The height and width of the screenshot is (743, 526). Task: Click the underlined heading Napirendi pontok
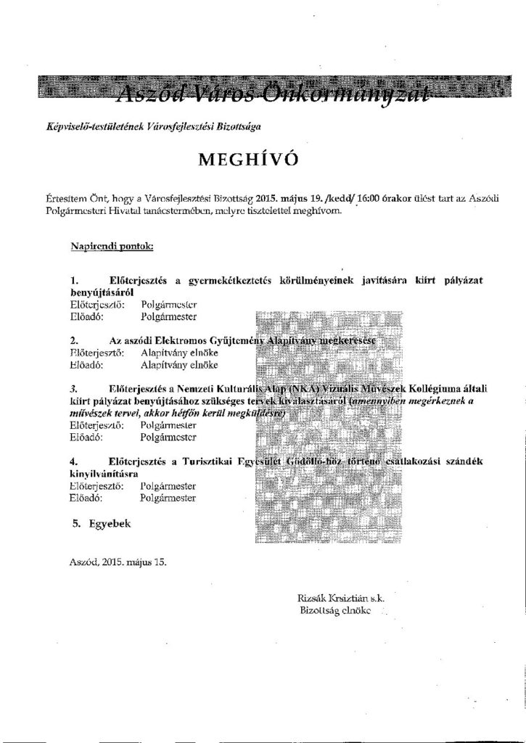[x=112, y=246]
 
